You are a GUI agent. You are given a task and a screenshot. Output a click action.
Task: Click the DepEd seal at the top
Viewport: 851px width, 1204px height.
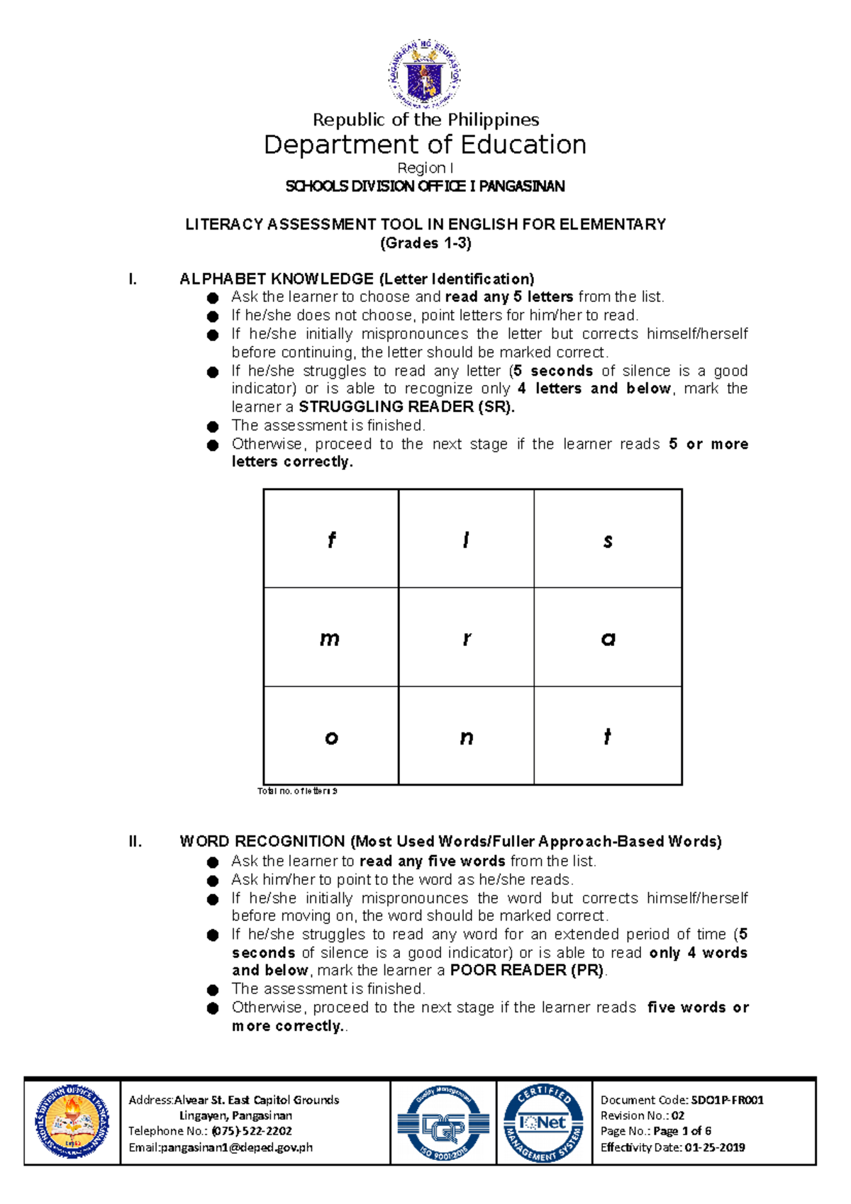pyautogui.click(x=425, y=73)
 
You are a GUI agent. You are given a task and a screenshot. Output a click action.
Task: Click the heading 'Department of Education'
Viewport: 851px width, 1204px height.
pyautogui.click(x=425, y=145)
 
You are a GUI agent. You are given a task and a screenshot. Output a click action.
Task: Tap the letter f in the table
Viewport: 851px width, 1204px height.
pyautogui.click(x=331, y=540)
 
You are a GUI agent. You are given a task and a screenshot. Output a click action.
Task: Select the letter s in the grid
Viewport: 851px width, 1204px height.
pyautogui.click(x=608, y=541)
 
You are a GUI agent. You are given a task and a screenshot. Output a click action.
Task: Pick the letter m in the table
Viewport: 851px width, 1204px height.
pyautogui.click(x=330, y=639)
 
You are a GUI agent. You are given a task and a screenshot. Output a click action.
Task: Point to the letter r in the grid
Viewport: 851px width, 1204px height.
pyautogui.click(x=467, y=639)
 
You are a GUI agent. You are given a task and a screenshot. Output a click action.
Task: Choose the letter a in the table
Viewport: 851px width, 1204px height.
pyautogui.click(x=608, y=640)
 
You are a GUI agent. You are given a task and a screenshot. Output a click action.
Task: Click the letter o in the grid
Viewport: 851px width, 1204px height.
pyautogui.click(x=331, y=738)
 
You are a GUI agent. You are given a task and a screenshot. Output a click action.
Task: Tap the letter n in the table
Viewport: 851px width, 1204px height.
pyautogui.click(x=466, y=738)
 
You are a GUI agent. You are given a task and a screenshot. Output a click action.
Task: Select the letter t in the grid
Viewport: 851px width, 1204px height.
pyautogui.click(x=607, y=737)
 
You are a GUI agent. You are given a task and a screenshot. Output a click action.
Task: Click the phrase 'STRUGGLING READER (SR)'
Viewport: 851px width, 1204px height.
pyautogui.click(x=406, y=407)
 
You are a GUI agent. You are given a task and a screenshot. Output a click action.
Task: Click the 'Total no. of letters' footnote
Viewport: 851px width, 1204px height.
pyautogui.click(x=297, y=791)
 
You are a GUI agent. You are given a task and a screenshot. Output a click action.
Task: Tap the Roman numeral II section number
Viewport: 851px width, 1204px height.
pyautogui.click(x=135, y=842)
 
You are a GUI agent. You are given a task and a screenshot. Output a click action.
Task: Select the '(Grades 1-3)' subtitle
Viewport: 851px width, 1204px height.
pyautogui.click(x=425, y=243)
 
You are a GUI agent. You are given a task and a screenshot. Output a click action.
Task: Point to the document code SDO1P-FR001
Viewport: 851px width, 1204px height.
pyautogui.click(x=727, y=1100)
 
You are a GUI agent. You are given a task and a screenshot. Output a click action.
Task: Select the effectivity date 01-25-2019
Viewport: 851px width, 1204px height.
pyautogui.click(x=715, y=1147)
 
